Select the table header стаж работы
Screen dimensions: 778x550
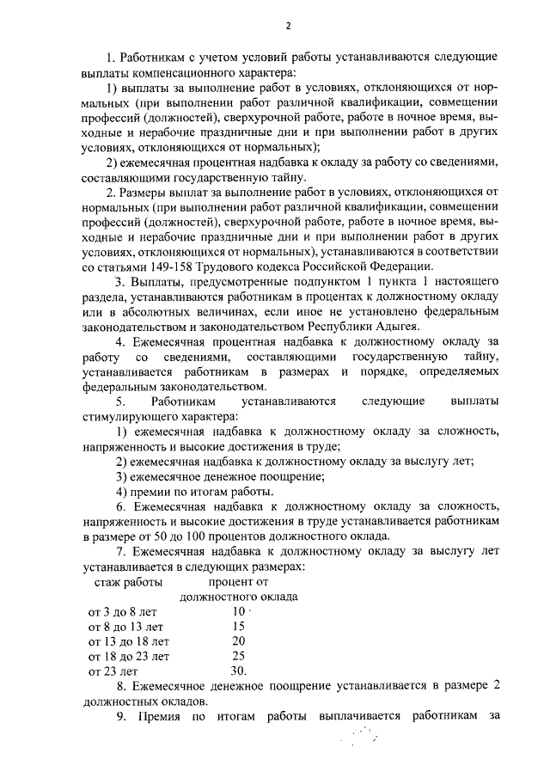click(x=128, y=583)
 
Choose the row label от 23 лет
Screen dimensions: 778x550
click(x=113, y=671)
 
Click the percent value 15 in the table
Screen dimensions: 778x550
click(x=239, y=627)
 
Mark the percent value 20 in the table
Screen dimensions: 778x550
click(x=239, y=641)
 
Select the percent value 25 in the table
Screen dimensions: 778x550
click(x=239, y=656)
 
